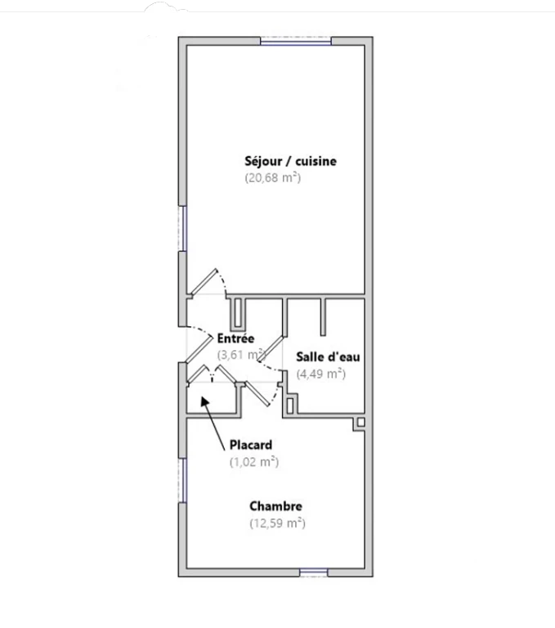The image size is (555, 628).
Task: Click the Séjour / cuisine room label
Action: pos(290,161)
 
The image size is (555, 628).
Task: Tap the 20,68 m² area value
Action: pos(273,177)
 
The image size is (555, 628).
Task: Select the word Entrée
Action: pos(235,339)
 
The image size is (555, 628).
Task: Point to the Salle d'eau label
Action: pos(328,357)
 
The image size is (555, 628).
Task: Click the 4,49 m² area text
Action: pos(320,374)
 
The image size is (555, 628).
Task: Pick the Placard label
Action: pos(251,445)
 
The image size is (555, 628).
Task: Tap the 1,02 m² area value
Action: pos(254,462)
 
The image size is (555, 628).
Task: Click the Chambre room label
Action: pos(275,506)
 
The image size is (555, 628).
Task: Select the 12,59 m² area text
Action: pos(277,523)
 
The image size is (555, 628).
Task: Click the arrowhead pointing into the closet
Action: pos(204,401)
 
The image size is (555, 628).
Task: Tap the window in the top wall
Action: pos(296,41)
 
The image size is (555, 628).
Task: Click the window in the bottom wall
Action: pos(314,572)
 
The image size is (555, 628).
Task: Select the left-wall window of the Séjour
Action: pos(182,229)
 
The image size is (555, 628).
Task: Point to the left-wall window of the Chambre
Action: pos(182,481)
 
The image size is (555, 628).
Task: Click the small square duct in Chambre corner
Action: pos(360,422)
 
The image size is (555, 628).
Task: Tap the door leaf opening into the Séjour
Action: pos(204,281)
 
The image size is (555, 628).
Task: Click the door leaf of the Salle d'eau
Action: pos(271,350)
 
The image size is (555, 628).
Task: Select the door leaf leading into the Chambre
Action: pos(257,393)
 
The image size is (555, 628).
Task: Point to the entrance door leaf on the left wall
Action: pos(199,349)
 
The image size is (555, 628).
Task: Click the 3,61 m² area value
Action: pos(241,355)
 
